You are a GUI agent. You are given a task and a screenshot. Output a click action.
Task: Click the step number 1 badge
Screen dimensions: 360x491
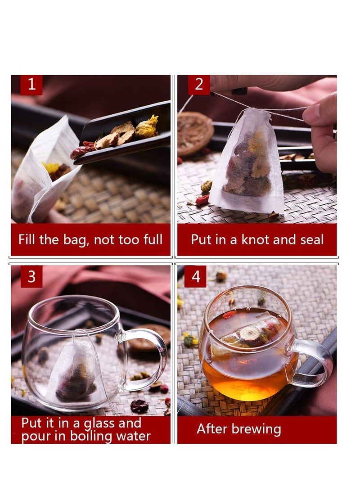coord(31,85)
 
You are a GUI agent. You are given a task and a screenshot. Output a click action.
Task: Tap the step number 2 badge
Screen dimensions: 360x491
coord(198,85)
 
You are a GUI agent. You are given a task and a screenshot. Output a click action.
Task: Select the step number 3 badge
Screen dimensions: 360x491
coord(31,276)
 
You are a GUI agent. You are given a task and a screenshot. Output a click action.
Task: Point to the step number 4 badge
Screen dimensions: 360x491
coord(195,276)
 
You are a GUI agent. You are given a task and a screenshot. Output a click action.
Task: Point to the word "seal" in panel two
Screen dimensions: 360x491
coord(311,239)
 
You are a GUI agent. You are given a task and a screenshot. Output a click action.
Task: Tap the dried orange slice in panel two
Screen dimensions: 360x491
coord(194,133)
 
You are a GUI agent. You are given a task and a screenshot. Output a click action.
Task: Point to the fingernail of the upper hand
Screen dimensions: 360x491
coord(239,91)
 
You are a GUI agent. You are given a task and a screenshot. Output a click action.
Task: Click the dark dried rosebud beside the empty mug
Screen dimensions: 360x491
coord(139,406)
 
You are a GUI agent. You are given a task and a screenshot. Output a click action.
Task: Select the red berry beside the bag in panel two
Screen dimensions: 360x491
coord(202,199)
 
